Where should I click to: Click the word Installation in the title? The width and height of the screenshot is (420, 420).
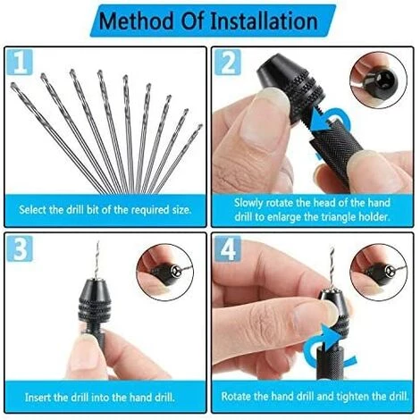tap(264, 21)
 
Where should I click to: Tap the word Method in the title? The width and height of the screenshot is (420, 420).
tap(136, 21)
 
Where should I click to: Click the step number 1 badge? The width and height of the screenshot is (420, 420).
tap(20, 62)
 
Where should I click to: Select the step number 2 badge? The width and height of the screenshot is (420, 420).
tap(228, 62)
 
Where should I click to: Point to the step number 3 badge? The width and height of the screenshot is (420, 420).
tap(20, 248)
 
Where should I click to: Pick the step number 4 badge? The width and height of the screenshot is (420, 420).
tap(228, 248)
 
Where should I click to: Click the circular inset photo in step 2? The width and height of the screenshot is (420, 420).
tap(379, 80)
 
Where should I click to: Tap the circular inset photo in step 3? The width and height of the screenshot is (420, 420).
tap(165, 272)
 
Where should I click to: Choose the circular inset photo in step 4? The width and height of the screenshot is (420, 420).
tap(379, 272)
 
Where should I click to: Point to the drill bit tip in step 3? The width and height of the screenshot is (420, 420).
tap(97, 242)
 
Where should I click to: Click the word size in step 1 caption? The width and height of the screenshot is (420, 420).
tap(181, 210)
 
